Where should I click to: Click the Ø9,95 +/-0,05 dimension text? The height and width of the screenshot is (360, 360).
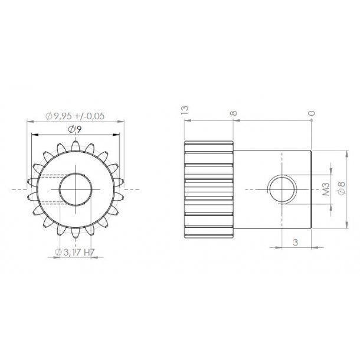[78, 116]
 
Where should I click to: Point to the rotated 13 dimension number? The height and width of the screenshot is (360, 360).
[184, 110]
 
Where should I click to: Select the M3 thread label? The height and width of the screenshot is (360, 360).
[326, 189]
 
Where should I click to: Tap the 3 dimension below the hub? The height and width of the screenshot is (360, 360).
[295, 243]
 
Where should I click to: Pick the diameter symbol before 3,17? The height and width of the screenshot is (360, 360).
[58, 253]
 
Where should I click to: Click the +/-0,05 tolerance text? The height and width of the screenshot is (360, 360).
[91, 116]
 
